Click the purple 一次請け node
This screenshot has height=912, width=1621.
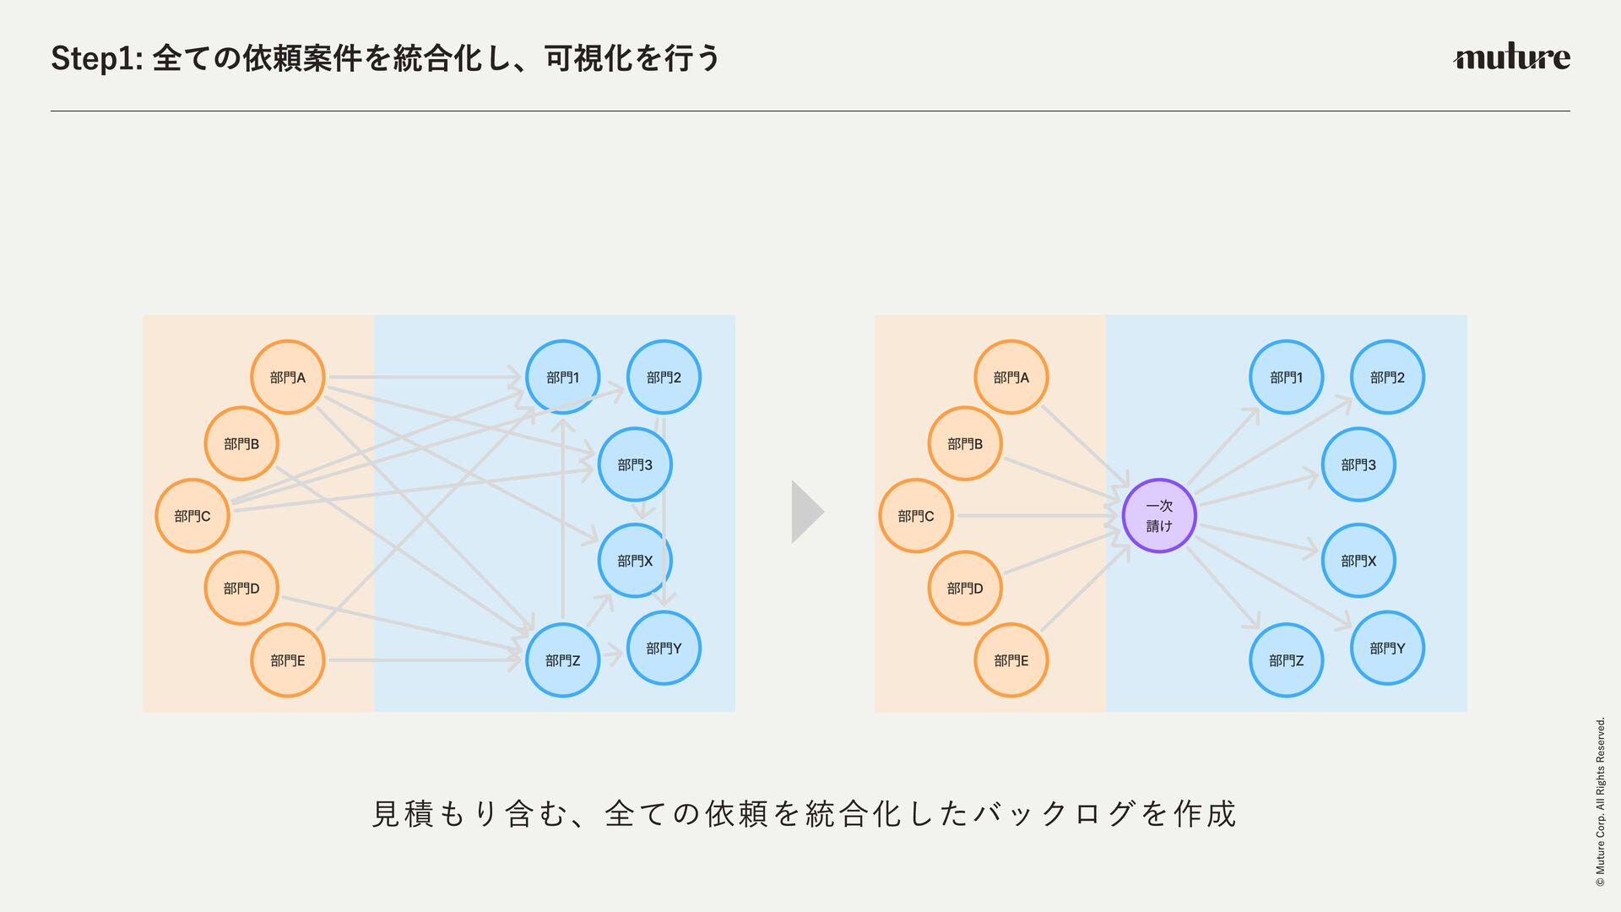pyautogui.click(x=1159, y=516)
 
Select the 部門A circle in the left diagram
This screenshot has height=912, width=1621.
pyautogui.click(x=288, y=377)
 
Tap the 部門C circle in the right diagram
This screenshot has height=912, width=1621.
pyautogui.click(x=916, y=516)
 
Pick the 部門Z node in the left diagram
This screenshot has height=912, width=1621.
pyautogui.click(x=563, y=660)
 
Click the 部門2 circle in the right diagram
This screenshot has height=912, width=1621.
pyautogui.click(x=1387, y=377)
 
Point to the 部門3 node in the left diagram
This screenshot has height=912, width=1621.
pyautogui.click(x=635, y=464)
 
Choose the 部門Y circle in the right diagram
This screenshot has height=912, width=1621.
pyautogui.click(x=1387, y=648)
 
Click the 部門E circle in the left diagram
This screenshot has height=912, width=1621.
pyautogui.click(x=288, y=660)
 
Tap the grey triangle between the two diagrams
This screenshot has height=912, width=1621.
pyautogui.click(x=805, y=512)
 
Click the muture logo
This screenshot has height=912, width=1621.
pyautogui.click(x=1511, y=57)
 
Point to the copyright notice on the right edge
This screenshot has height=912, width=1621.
pyautogui.click(x=1600, y=801)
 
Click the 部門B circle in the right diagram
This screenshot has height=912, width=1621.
pyautogui.click(x=965, y=443)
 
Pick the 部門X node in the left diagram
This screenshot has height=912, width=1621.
pyautogui.click(x=635, y=561)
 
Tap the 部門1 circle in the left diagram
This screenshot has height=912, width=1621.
pyautogui.click(x=563, y=377)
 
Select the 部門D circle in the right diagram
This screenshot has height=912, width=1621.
pyautogui.click(x=965, y=588)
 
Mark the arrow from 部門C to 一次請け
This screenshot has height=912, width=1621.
pyautogui.click(x=1038, y=516)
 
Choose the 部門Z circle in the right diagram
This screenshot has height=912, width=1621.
pyautogui.click(x=1286, y=660)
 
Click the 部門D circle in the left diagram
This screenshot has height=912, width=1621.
pyautogui.click(x=241, y=588)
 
